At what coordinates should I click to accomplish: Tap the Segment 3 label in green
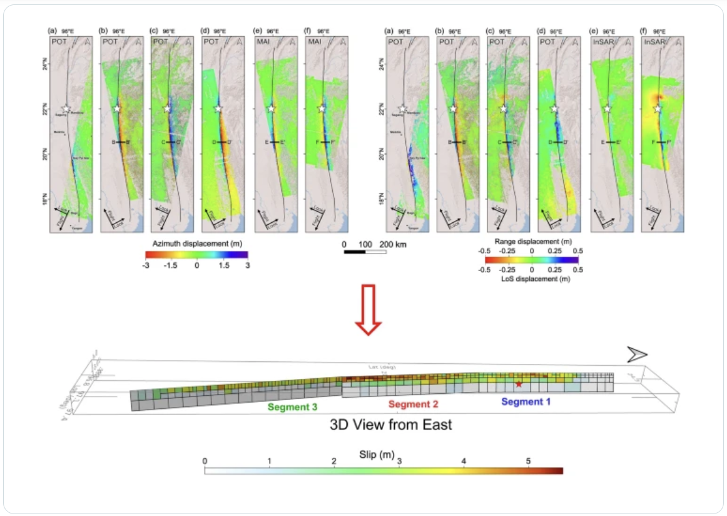(293, 407)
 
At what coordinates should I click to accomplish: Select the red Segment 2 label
(413, 404)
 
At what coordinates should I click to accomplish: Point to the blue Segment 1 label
(526, 401)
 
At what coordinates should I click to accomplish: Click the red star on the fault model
(519, 384)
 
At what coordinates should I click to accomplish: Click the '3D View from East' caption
(390, 425)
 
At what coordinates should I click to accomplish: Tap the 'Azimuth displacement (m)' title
(196, 242)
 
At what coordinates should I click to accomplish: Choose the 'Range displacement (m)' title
(531, 240)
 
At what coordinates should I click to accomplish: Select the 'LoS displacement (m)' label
(531, 279)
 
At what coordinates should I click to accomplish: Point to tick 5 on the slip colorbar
(528, 462)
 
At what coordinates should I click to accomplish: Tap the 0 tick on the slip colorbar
(205, 462)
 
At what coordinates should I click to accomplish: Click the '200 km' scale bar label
(392, 244)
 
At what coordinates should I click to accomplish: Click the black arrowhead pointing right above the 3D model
(638, 355)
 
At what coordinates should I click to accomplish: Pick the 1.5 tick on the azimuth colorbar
(222, 266)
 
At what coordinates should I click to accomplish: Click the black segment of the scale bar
(355, 252)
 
